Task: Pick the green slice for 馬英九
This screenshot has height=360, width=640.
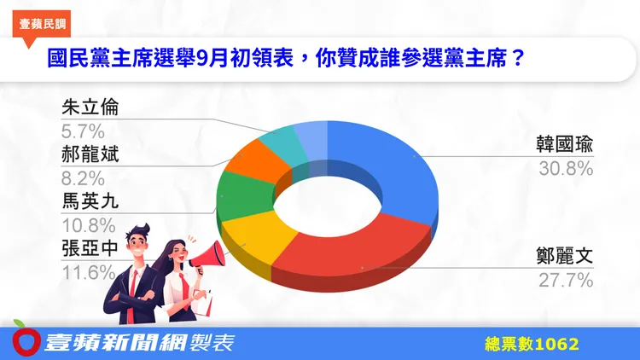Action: [244, 194]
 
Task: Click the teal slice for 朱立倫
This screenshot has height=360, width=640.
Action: [282, 143]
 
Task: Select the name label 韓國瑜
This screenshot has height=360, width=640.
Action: [565, 144]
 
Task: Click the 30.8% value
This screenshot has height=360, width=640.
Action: [566, 169]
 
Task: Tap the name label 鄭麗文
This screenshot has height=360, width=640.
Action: [565, 256]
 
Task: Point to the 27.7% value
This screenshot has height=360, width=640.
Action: [566, 281]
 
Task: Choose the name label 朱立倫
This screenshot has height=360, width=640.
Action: [90, 107]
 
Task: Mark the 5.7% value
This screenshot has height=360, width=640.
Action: [84, 131]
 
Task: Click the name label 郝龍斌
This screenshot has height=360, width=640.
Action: [90, 154]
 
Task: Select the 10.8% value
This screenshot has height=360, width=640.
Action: [89, 225]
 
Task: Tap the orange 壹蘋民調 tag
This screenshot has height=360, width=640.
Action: [42, 25]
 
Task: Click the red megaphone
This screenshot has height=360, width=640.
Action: [208, 256]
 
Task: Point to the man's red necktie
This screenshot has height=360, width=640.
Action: [132, 292]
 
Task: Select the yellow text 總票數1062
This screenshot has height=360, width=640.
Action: [532, 344]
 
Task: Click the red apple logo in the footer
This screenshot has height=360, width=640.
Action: [26, 342]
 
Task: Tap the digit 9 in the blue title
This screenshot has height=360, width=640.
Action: [202, 59]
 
